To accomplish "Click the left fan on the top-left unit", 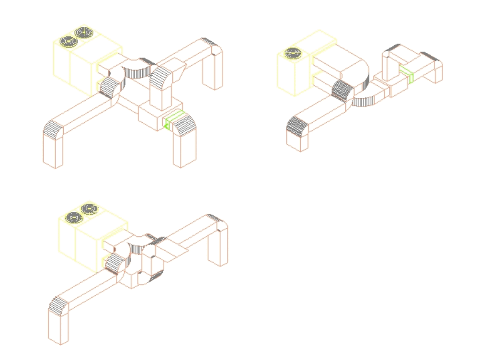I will click(x=69, y=42).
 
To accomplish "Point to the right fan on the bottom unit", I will click(x=89, y=209).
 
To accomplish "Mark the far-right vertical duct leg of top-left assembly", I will click(x=212, y=72).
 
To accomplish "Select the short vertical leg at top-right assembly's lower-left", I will click(x=297, y=141).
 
